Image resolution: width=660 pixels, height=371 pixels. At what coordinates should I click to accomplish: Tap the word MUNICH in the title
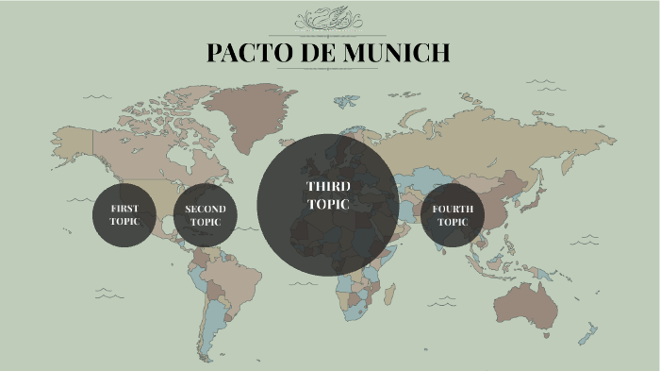tap(396, 53)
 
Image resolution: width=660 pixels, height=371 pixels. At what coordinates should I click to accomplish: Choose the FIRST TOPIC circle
tap(124, 214)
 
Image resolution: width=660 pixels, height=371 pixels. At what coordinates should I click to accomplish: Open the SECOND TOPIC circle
tap(205, 215)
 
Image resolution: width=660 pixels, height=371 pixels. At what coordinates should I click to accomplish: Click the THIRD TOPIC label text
tap(328, 195)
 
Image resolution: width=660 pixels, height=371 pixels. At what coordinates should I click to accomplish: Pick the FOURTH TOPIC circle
tap(453, 215)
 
